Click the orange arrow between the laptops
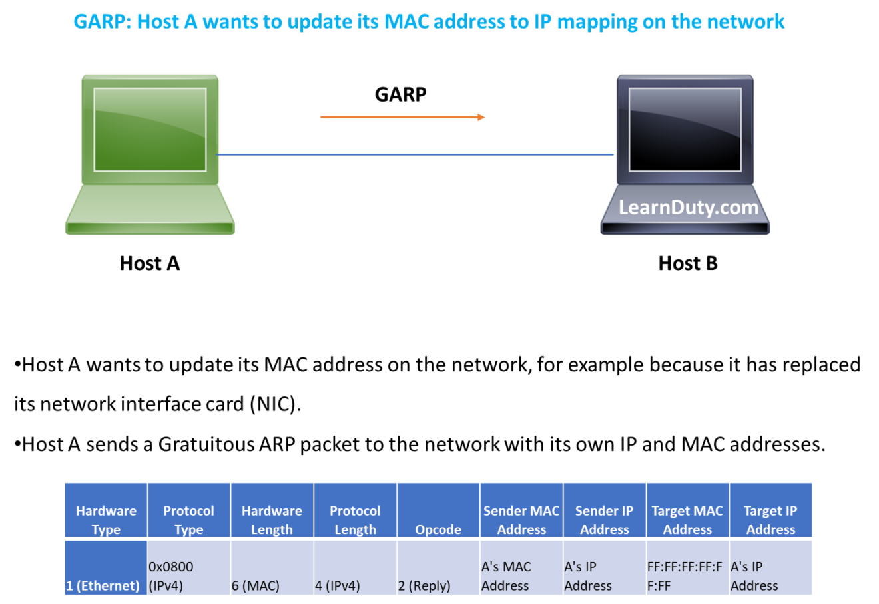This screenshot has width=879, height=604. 402,117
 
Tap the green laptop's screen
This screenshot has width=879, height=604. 150,130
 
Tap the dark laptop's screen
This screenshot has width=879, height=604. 685,130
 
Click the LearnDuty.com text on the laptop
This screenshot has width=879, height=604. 689,208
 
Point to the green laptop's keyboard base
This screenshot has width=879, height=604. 150,210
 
